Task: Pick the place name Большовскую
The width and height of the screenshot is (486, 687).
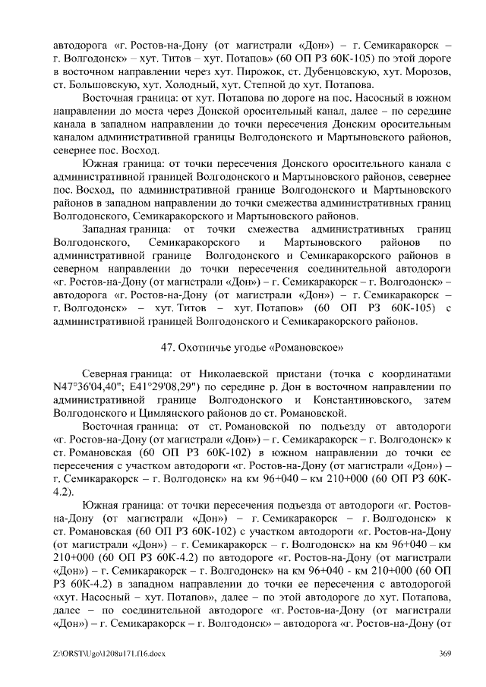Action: pos(109,84)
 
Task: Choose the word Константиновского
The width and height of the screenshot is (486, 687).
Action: pos(355,400)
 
